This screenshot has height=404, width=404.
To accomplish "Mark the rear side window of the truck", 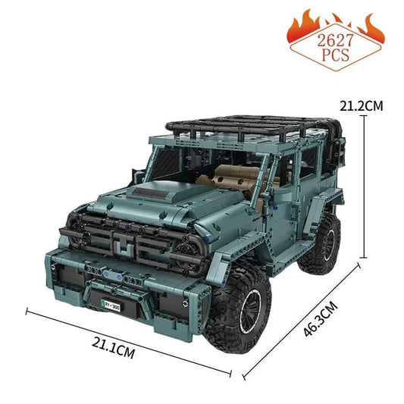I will coord(307,167).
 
